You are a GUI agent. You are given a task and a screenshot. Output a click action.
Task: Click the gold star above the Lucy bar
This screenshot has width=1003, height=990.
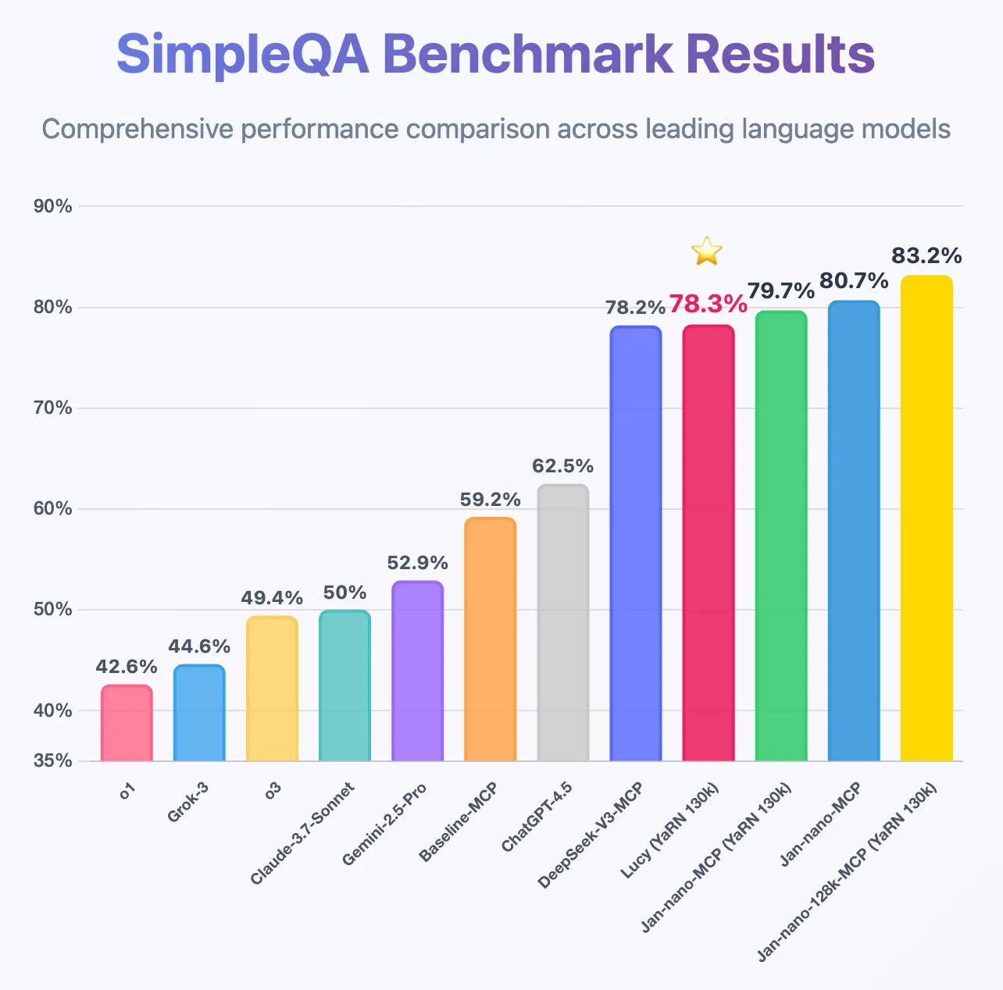pos(706,251)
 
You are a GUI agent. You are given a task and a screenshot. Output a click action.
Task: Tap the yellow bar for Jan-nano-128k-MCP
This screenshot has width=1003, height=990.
pos(926,518)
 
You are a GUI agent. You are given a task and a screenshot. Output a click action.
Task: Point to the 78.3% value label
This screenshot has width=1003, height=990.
pos(708,304)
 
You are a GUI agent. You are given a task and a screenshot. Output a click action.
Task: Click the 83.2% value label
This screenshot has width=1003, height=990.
pos(926,255)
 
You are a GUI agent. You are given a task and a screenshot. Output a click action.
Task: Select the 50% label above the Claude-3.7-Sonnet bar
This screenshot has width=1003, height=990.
pos(344,593)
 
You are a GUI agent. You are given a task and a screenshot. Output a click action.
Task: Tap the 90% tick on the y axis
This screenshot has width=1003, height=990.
pos(53,206)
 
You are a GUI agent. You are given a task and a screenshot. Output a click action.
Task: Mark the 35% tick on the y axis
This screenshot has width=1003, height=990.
pos(53,760)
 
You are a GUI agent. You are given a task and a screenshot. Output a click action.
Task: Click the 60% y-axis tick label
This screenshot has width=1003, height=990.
pos(53,509)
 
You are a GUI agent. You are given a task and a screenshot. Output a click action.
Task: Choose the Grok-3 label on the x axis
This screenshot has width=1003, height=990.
pos(187,803)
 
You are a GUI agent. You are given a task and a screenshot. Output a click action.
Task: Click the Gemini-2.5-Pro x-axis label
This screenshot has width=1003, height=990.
pos(384,824)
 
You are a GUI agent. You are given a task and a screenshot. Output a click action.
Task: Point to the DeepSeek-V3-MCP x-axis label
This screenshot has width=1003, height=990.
pos(591,835)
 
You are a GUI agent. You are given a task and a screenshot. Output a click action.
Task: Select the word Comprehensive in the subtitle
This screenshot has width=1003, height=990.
pos(137,129)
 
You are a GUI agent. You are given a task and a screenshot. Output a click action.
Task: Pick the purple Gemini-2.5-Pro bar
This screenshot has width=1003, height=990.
pos(417,671)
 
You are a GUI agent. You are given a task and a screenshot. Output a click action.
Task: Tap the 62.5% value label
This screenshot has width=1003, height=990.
pos(562,466)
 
